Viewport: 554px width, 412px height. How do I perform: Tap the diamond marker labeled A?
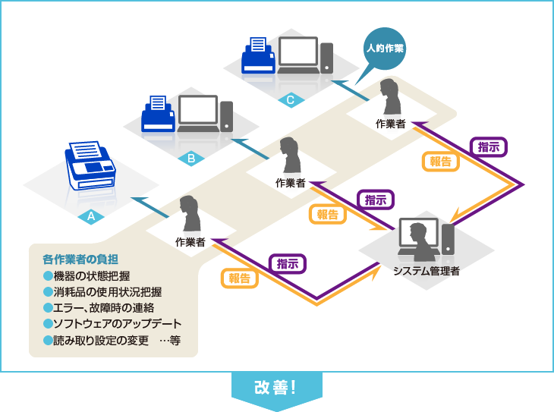coord(91,216)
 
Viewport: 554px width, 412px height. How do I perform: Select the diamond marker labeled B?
coord(191,159)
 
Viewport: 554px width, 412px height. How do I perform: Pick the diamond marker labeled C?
coord(291,99)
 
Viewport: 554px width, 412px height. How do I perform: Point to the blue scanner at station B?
coord(159,115)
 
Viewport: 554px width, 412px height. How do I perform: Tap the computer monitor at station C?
coord(298,53)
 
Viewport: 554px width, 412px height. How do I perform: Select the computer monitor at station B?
coord(198,112)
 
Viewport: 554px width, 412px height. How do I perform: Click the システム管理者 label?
coord(427,270)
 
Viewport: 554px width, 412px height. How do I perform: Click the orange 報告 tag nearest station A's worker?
coord(239,278)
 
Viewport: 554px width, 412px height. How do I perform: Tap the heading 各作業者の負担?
coord(80,259)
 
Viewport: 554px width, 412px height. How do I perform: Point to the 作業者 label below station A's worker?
coord(190,243)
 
